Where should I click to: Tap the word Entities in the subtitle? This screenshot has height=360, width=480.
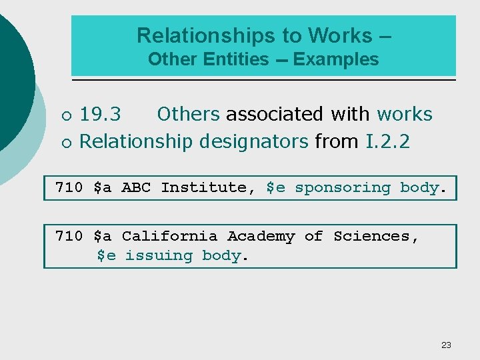pyautogui.click(x=237, y=59)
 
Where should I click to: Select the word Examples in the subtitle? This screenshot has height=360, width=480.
pyautogui.click(x=336, y=59)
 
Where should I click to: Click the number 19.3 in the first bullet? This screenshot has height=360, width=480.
pyautogui.click(x=101, y=115)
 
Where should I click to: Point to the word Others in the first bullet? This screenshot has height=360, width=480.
pyautogui.click(x=188, y=115)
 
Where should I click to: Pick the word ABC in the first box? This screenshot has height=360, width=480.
pyautogui.click(x=136, y=188)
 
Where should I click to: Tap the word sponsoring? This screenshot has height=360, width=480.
pyautogui.click(x=343, y=188)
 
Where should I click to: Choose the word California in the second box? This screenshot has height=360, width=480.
pyautogui.click(x=169, y=237)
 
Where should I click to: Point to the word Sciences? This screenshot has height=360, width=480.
pyautogui.click(x=375, y=237)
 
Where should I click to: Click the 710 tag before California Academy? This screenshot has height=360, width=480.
pyautogui.click(x=69, y=237)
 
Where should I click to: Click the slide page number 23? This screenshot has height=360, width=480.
pyautogui.click(x=446, y=345)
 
